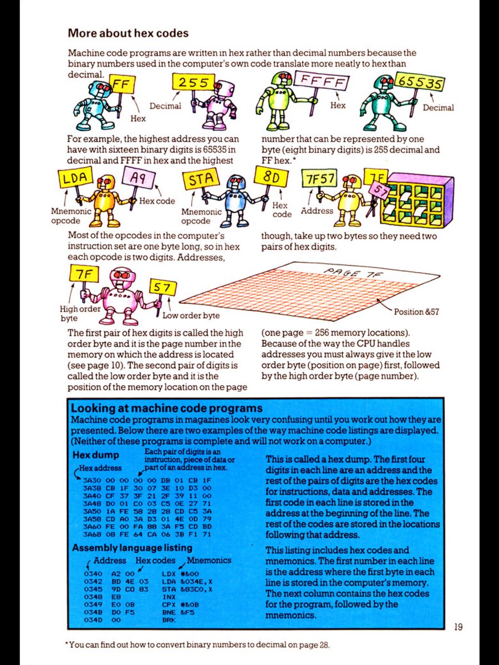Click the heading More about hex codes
click(x=128, y=33)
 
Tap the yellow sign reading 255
click(x=194, y=83)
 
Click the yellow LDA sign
click(x=75, y=180)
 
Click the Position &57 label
click(x=416, y=311)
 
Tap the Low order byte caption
click(x=191, y=315)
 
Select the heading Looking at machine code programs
click(x=166, y=409)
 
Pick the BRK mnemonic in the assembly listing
click(x=168, y=620)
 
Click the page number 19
click(x=457, y=627)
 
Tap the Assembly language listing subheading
click(x=133, y=548)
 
